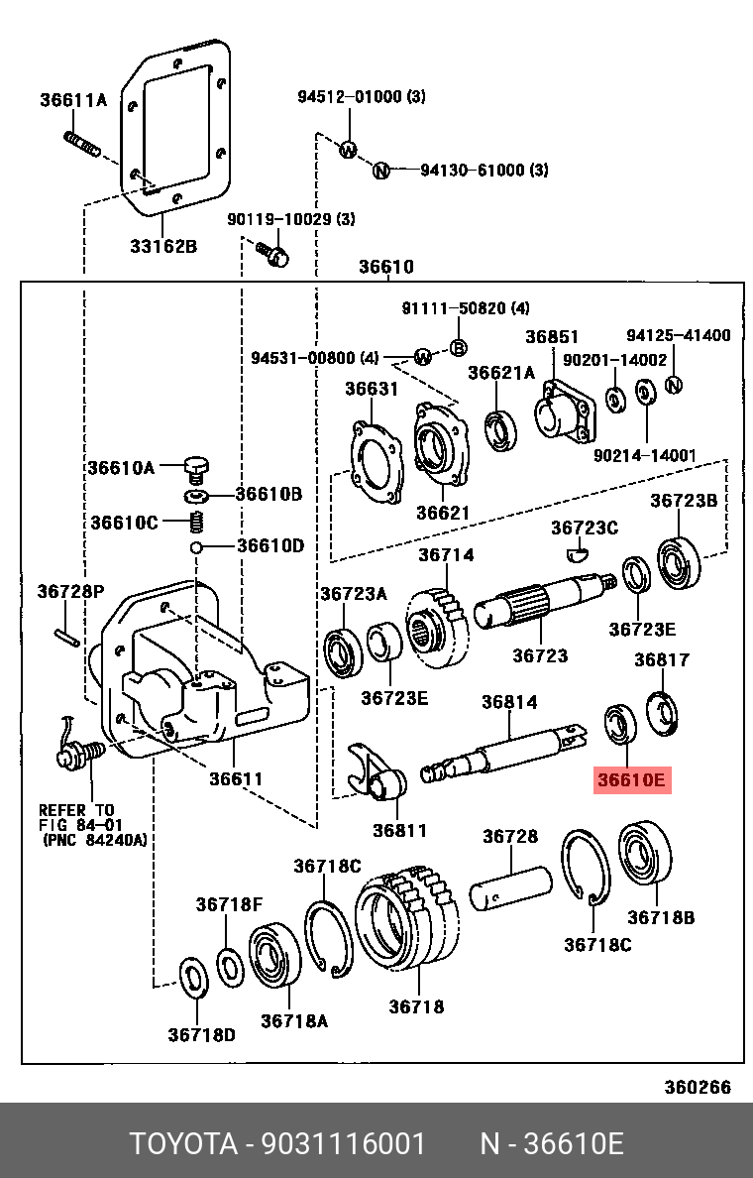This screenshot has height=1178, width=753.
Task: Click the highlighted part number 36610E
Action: tap(632, 780)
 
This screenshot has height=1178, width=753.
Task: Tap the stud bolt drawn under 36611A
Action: tap(81, 143)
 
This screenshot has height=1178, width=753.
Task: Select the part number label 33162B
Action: tap(163, 246)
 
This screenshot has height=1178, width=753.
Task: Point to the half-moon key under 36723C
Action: tap(577, 553)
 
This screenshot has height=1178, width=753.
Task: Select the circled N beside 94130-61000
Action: tap(379, 172)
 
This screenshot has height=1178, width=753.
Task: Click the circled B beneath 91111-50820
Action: tap(459, 347)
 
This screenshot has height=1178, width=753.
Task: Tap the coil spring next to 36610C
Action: tap(196, 522)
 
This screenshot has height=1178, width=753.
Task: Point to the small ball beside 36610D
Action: tap(197, 546)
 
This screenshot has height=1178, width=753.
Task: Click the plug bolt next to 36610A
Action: tap(197, 465)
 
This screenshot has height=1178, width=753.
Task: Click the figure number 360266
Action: tap(697, 1087)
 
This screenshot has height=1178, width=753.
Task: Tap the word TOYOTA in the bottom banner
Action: tap(184, 1144)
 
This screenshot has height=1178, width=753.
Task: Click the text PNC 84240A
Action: tap(94, 840)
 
